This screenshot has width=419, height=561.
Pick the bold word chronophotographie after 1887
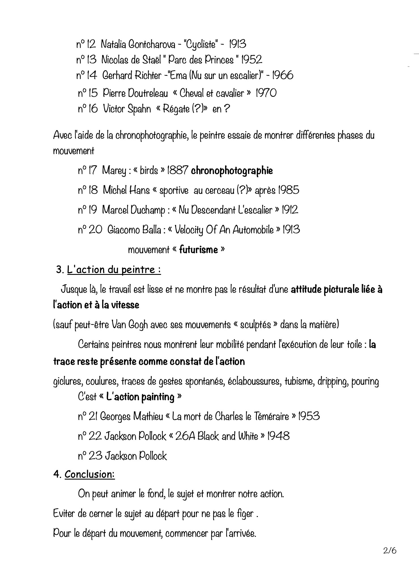coord(232,171)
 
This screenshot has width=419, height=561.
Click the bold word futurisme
coord(198,250)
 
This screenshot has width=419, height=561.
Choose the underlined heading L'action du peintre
coord(114,270)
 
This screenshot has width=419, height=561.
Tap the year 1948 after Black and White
coord(279,436)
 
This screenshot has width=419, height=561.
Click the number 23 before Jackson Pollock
coord(95,456)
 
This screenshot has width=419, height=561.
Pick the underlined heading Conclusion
coord(89,474)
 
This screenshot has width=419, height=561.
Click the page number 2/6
coord(390,551)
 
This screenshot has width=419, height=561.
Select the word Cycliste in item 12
coord(201,44)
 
